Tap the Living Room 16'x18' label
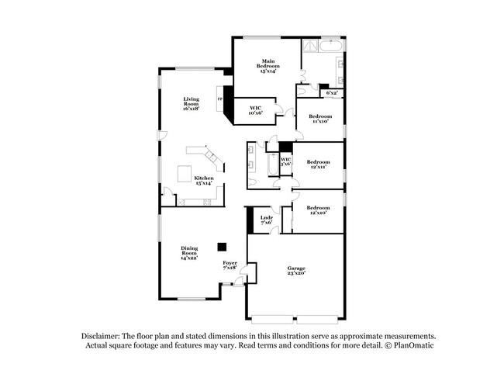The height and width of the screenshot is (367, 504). coord(191,104)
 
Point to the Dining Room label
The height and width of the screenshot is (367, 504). coord(189,253)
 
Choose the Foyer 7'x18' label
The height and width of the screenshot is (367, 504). coord(230,265)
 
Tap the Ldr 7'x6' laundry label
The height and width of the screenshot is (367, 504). coord(266,220)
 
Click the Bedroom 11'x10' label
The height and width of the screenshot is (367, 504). coord(321,118)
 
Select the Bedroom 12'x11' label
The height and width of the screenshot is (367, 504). coord(318,164)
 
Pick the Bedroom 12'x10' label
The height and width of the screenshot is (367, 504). coord(318,210)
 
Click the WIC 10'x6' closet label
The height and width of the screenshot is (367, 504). coord(255,111)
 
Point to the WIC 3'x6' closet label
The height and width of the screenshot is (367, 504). coord(285,161)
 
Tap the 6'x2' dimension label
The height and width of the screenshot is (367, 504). coord(332,92)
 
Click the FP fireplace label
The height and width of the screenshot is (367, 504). coord(220,99)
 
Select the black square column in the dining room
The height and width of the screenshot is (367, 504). coord(222,247)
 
